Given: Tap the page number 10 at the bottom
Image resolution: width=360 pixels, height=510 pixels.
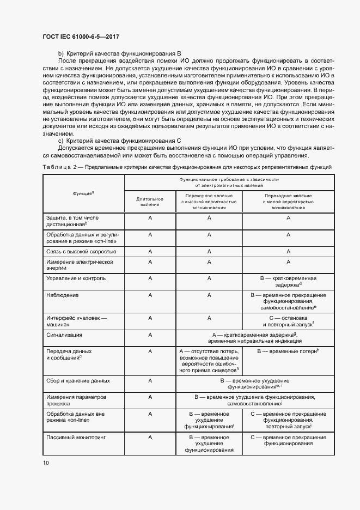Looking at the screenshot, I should coord(46,463).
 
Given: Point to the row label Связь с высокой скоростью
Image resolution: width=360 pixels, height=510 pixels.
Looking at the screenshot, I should coord(81,251).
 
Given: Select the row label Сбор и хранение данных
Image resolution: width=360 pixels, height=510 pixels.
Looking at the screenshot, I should coord(78,381).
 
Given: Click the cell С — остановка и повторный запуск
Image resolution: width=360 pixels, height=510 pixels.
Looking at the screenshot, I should coord(288,320).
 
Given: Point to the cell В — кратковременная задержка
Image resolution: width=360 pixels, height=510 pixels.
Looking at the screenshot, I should coord(288,281).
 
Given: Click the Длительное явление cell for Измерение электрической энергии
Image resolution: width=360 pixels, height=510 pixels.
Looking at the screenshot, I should coord(149,262).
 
